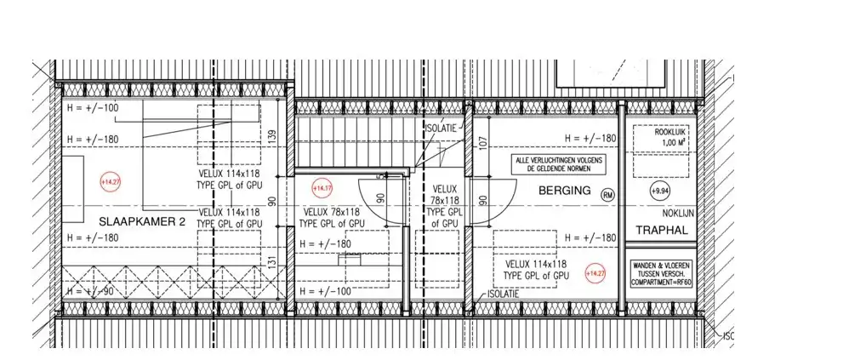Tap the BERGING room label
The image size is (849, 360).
(564, 191)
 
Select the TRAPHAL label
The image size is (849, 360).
(661, 231)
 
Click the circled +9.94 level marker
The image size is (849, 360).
(659, 191)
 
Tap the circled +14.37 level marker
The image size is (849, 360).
(322, 188)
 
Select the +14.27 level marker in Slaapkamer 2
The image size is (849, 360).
(111, 181)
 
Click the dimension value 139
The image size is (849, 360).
(272, 135)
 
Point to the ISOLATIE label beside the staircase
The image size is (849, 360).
(442, 129)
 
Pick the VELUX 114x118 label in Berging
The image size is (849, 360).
(535, 270)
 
